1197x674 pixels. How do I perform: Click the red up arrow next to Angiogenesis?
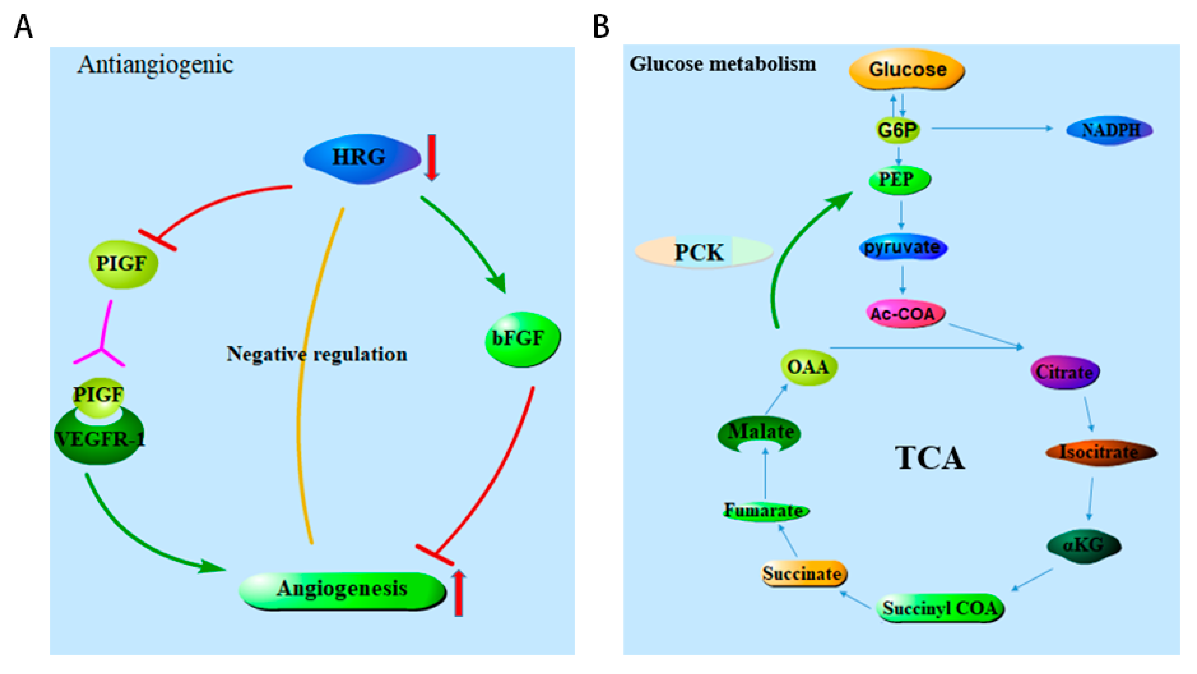458,593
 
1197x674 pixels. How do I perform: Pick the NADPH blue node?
1109,130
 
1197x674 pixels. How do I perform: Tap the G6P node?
898,130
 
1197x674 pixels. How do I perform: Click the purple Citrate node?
1064,372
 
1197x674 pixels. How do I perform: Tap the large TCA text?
930,458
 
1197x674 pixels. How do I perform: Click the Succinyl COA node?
940,609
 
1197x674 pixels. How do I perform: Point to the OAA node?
809,367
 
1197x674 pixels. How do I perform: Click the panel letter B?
601,26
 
